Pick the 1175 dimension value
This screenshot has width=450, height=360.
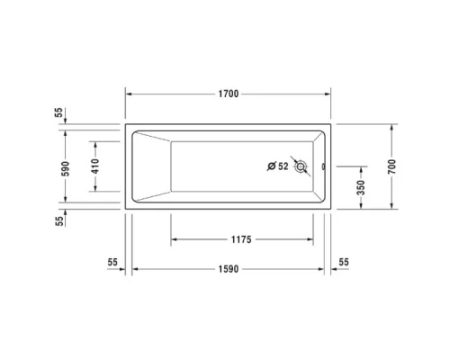point(239,240)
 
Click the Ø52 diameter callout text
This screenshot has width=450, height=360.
point(278,166)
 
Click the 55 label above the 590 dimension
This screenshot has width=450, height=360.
point(59,112)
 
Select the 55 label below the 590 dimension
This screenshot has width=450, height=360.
point(59,219)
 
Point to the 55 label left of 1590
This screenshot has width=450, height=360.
point(112,262)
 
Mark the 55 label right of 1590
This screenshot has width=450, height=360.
point(344,262)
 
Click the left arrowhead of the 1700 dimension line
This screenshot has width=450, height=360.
point(127,94)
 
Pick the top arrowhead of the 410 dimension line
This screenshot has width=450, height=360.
point(94,142)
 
